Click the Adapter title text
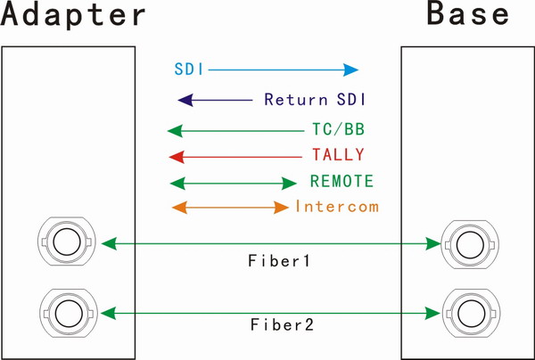[73, 16]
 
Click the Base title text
[468, 15]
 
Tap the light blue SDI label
[186, 69]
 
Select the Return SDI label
[317, 99]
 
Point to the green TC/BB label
[337, 130]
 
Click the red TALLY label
[338, 155]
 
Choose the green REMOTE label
[342, 182]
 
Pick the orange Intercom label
[337, 207]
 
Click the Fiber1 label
[280, 263]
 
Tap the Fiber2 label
[280, 325]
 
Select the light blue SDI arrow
[284, 69]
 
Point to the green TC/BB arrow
[236, 131]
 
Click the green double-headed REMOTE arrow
[232, 183]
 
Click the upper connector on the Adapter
[65, 241]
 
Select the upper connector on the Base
[465, 241]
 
